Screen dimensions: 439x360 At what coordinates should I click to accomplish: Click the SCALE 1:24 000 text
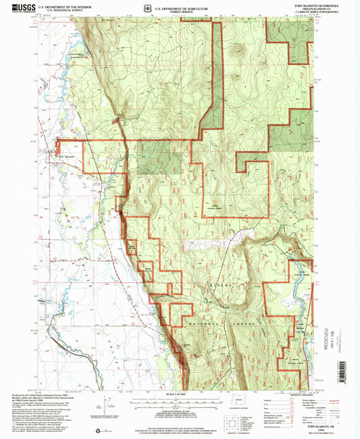[x=179, y=394]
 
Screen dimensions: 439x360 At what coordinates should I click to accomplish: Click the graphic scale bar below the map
[x=179, y=403]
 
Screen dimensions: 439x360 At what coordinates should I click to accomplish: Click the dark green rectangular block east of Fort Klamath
[x=161, y=158]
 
